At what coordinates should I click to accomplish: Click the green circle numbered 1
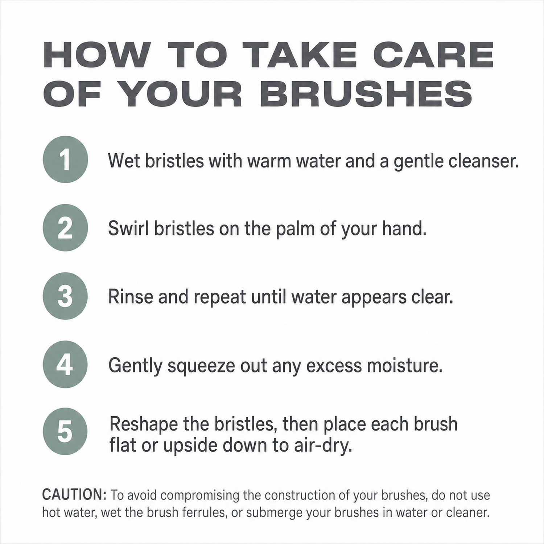point(65,159)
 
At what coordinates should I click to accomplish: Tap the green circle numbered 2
point(65,228)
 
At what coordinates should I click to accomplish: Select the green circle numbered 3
point(65,296)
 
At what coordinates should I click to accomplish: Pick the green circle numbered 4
point(65,364)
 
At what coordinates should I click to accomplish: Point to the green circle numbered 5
point(65,432)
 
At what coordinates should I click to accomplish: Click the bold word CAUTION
point(74,495)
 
